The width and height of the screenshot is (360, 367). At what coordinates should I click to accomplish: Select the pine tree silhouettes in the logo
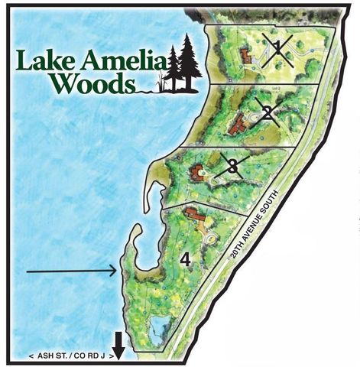(183, 63)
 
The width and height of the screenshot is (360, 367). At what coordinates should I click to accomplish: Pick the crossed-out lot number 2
(267, 113)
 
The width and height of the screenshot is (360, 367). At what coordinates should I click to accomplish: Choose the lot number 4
(184, 260)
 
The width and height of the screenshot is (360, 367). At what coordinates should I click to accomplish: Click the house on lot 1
(245, 56)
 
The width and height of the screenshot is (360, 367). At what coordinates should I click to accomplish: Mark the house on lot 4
(194, 216)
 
